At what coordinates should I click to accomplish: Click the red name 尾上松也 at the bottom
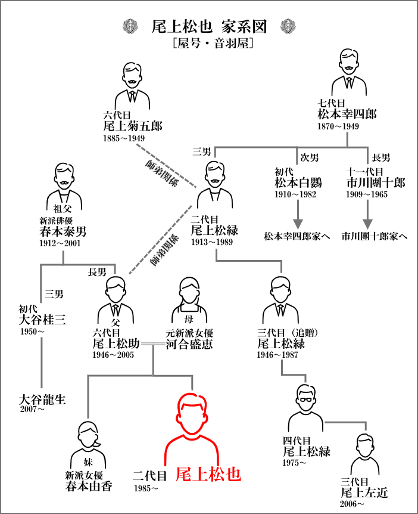pos(208,474)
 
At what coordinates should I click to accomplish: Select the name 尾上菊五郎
pos(132,126)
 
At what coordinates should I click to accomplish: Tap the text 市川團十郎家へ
pos(375,236)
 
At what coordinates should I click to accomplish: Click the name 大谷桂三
pos(42,320)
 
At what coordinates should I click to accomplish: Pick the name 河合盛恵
pos(189,344)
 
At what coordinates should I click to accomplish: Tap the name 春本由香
pos(89,486)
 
